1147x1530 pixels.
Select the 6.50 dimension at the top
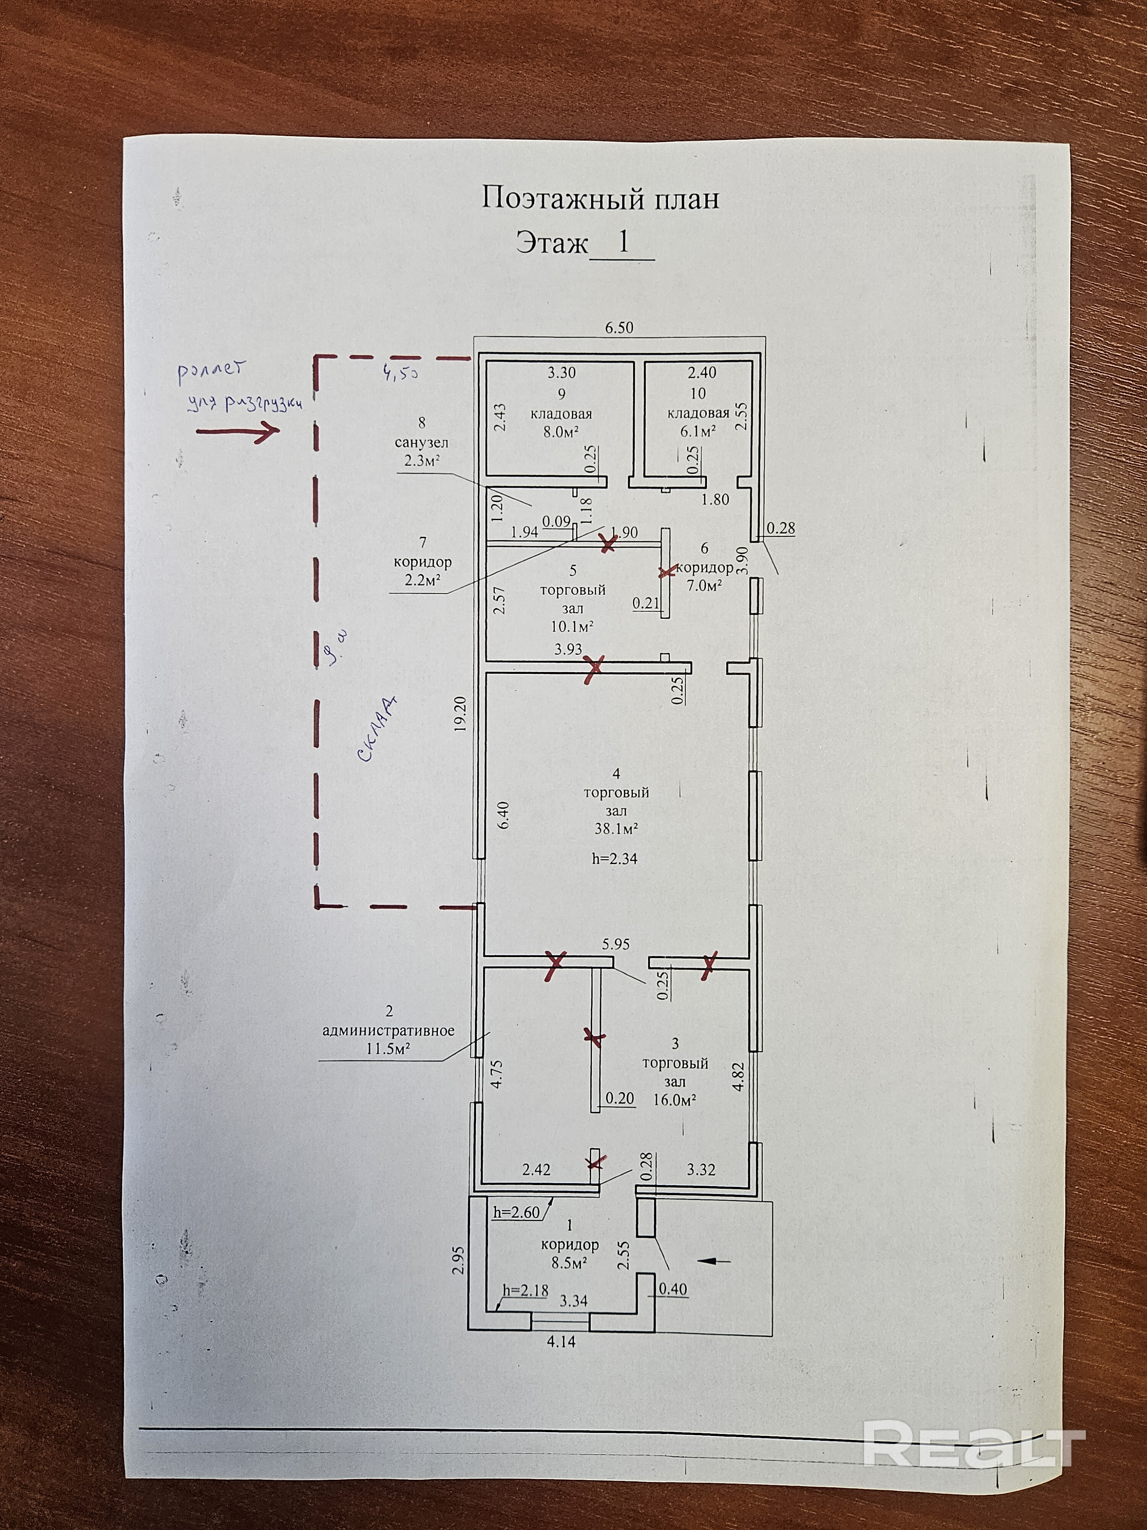619,328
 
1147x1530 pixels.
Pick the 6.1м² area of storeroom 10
698,431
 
